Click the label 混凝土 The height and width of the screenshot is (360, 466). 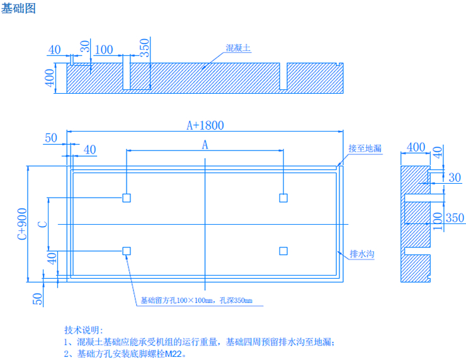click(239, 48)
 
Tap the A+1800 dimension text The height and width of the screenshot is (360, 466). click(205, 125)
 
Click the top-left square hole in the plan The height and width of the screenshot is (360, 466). click(127, 198)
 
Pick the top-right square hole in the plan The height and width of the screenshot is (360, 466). click(284, 198)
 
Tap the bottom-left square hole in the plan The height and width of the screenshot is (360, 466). click(127, 251)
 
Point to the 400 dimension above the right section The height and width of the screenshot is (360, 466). click(416, 147)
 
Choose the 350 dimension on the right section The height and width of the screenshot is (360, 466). click(455, 218)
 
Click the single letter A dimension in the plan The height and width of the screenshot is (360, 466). click(205, 145)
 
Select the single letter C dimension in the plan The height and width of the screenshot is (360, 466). click(42, 224)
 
